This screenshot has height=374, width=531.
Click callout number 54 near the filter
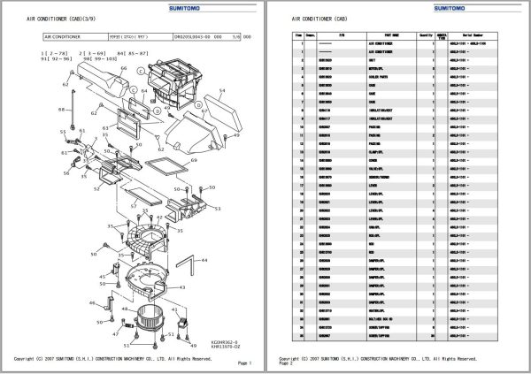point(222,90)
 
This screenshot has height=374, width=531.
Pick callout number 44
point(205,261)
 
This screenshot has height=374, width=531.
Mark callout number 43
point(183,287)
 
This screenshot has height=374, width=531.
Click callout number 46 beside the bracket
point(90,303)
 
